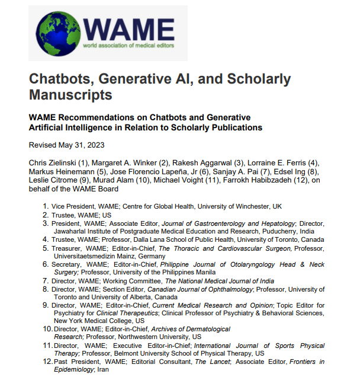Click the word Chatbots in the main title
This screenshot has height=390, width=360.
pos(63,78)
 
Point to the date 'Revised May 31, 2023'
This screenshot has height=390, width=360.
pos(63,145)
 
